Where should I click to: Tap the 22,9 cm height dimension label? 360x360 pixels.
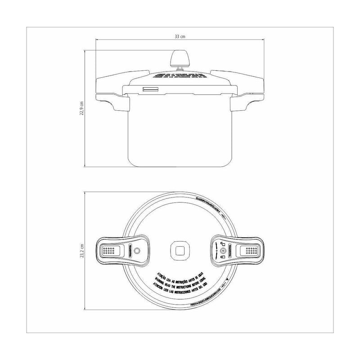pyautogui.click(x=81, y=108)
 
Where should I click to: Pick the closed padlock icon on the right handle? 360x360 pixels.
pyautogui.click(x=221, y=258)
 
